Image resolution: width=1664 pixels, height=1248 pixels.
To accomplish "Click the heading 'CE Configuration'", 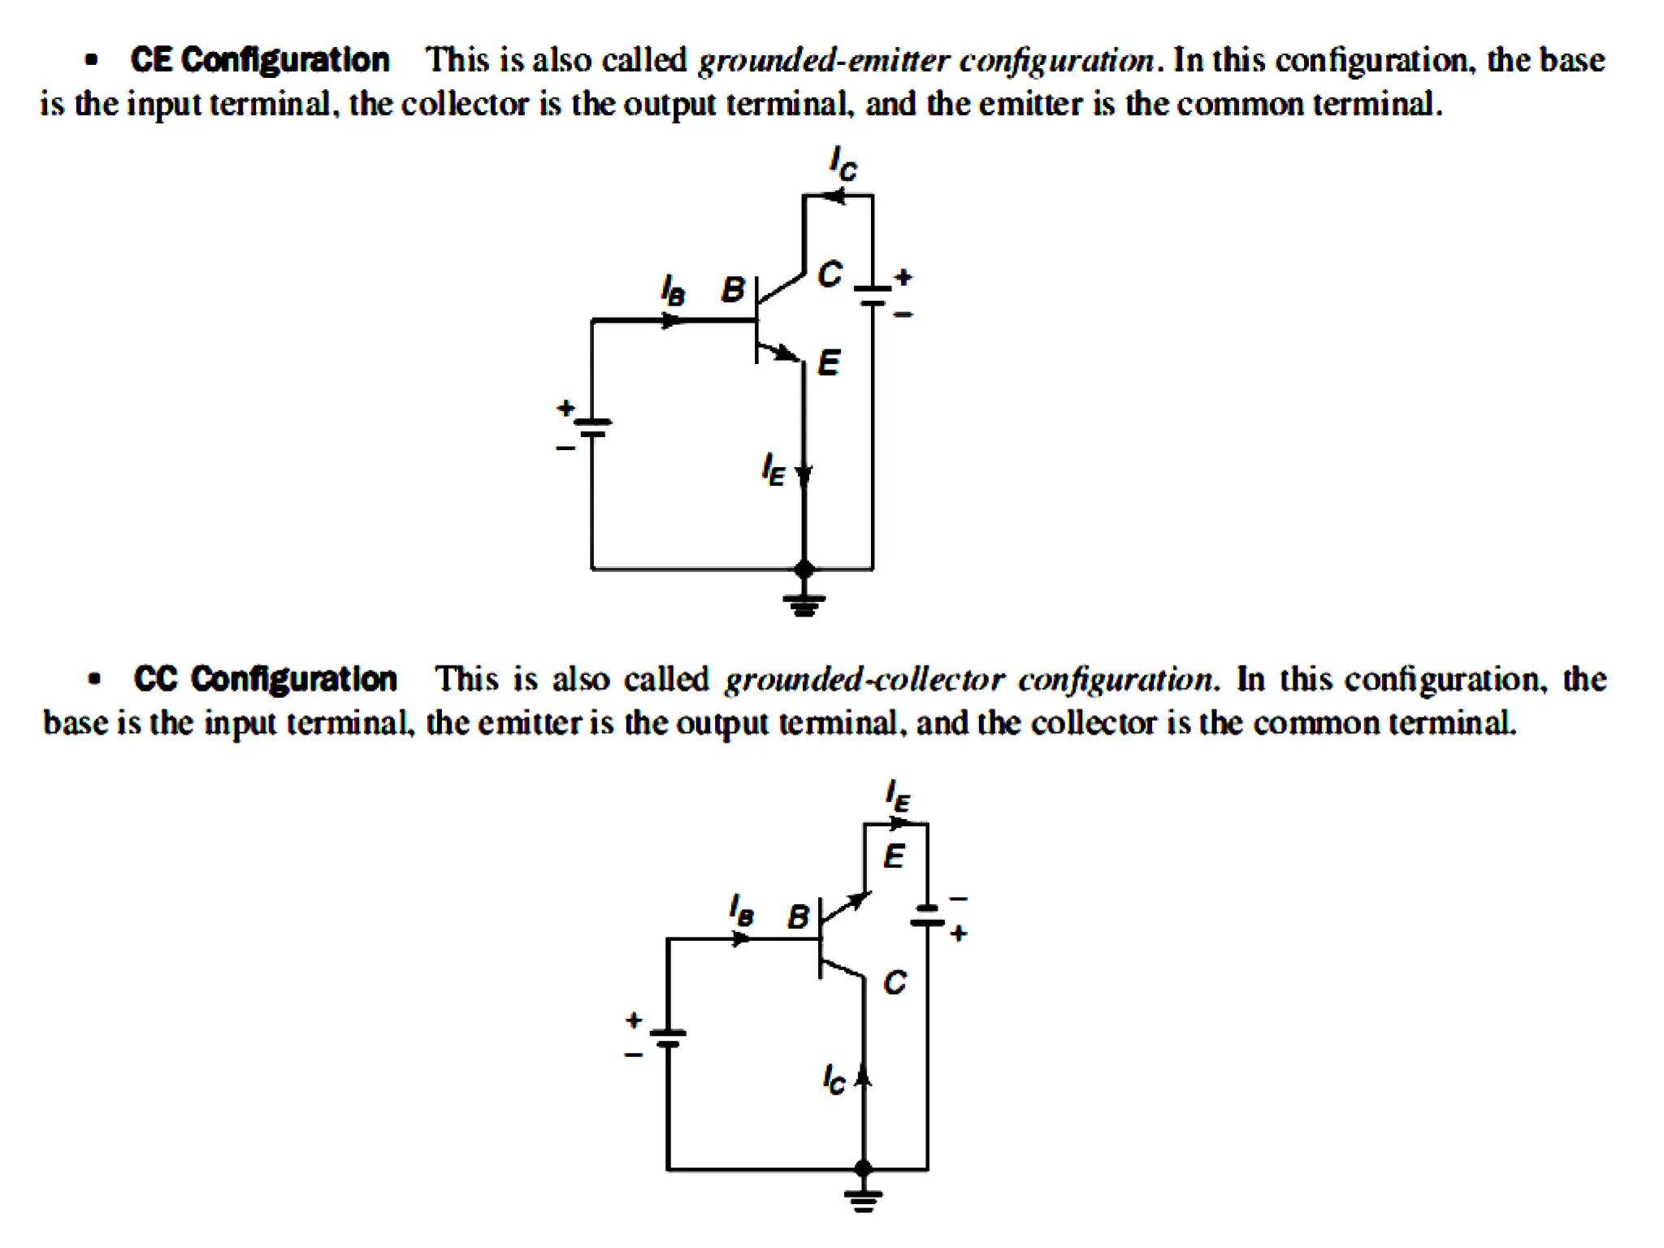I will click(x=259, y=60).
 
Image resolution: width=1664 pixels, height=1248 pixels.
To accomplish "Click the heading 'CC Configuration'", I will click(x=265, y=679).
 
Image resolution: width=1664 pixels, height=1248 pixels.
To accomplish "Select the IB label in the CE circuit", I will click(x=673, y=290).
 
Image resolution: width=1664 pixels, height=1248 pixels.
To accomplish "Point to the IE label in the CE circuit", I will click(x=773, y=470).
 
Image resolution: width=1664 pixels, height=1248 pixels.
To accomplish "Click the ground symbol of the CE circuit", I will click(x=804, y=604).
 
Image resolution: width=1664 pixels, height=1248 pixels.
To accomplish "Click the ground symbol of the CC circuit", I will click(x=863, y=1199).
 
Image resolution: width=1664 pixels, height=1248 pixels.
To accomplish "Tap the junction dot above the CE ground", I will click(x=804, y=569).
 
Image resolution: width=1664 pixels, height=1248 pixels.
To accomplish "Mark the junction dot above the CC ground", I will click(x=864, y=1168).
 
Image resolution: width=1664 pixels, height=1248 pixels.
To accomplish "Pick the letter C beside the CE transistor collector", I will click(x=830, y=275).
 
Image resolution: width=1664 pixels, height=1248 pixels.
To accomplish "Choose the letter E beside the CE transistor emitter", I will click(x=828, y=362).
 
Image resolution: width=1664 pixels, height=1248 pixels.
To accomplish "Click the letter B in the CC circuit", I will click(x=798, y=916).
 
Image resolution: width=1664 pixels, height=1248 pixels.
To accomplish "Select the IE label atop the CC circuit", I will click(x=898, y=795).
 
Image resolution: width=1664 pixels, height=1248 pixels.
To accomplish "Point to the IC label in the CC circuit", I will click(x=834, y=1079).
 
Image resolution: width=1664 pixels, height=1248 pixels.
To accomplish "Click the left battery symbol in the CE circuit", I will click(x=592, y=427).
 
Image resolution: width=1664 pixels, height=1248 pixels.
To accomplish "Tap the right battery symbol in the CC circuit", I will click(x=927, y=916).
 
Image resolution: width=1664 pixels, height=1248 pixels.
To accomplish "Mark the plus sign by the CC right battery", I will click(x=959, y=934).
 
